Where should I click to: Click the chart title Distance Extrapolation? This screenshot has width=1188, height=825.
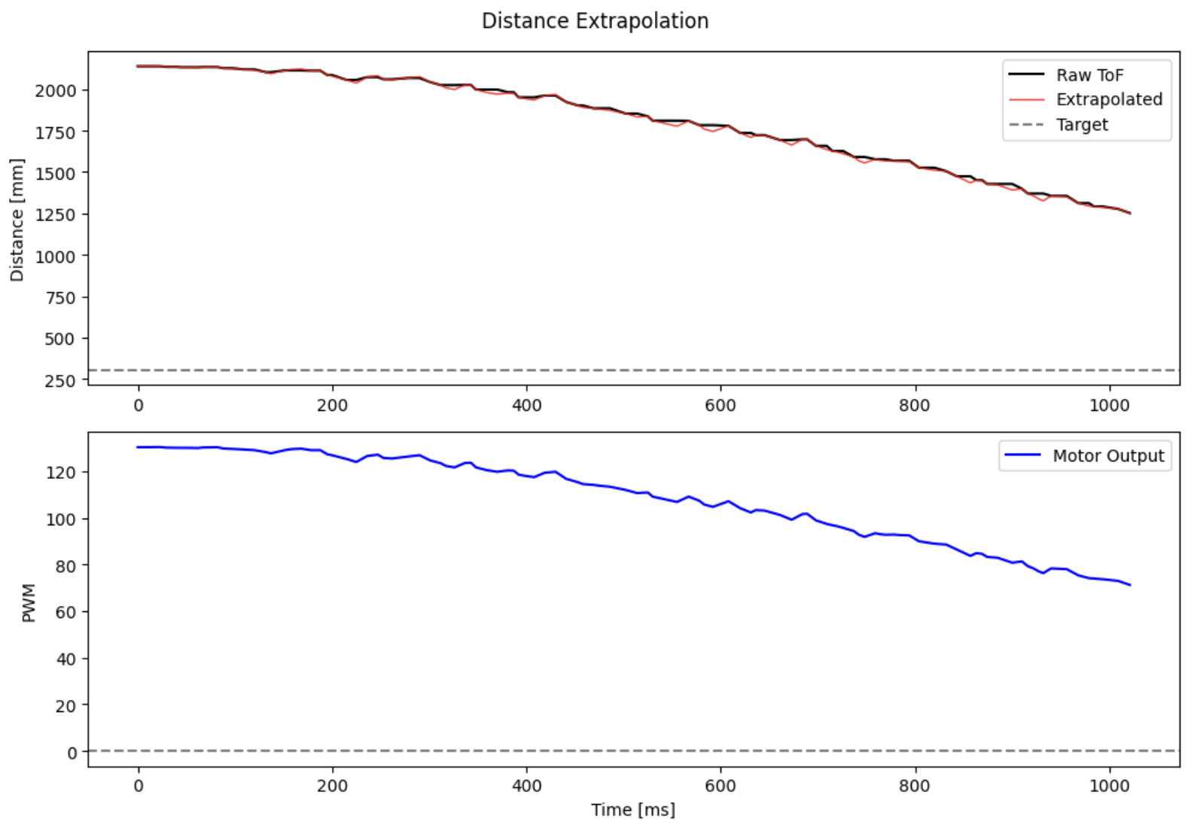point(595,21)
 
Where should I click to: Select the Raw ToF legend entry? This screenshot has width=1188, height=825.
point(1089,75)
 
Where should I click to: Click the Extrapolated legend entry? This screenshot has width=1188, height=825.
point(1108,99)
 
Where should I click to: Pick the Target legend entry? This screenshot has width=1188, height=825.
point(1081,124)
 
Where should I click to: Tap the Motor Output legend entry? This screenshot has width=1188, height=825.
point(1107,455)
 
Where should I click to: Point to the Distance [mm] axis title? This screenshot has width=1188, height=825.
point(17,220)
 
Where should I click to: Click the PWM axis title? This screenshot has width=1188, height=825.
point(29,602)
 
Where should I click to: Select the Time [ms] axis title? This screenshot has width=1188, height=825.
point(632,810)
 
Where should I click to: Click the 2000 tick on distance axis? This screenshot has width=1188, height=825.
point(56,90)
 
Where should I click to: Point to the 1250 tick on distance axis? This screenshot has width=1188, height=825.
point(56,215)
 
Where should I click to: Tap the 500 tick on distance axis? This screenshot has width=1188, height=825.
point(59,339)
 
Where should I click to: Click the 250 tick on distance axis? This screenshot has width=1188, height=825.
point(59,381)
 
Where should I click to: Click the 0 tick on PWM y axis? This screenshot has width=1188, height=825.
point(72,752)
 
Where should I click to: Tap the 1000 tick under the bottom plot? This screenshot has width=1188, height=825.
point(1109,786)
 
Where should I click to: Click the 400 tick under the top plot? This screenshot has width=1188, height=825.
point(526,405)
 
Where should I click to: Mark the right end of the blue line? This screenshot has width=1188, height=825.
point(1130,585)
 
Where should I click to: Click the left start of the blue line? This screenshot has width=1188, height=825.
point(138,447)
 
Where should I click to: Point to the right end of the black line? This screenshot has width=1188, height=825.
point(1130,213)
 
